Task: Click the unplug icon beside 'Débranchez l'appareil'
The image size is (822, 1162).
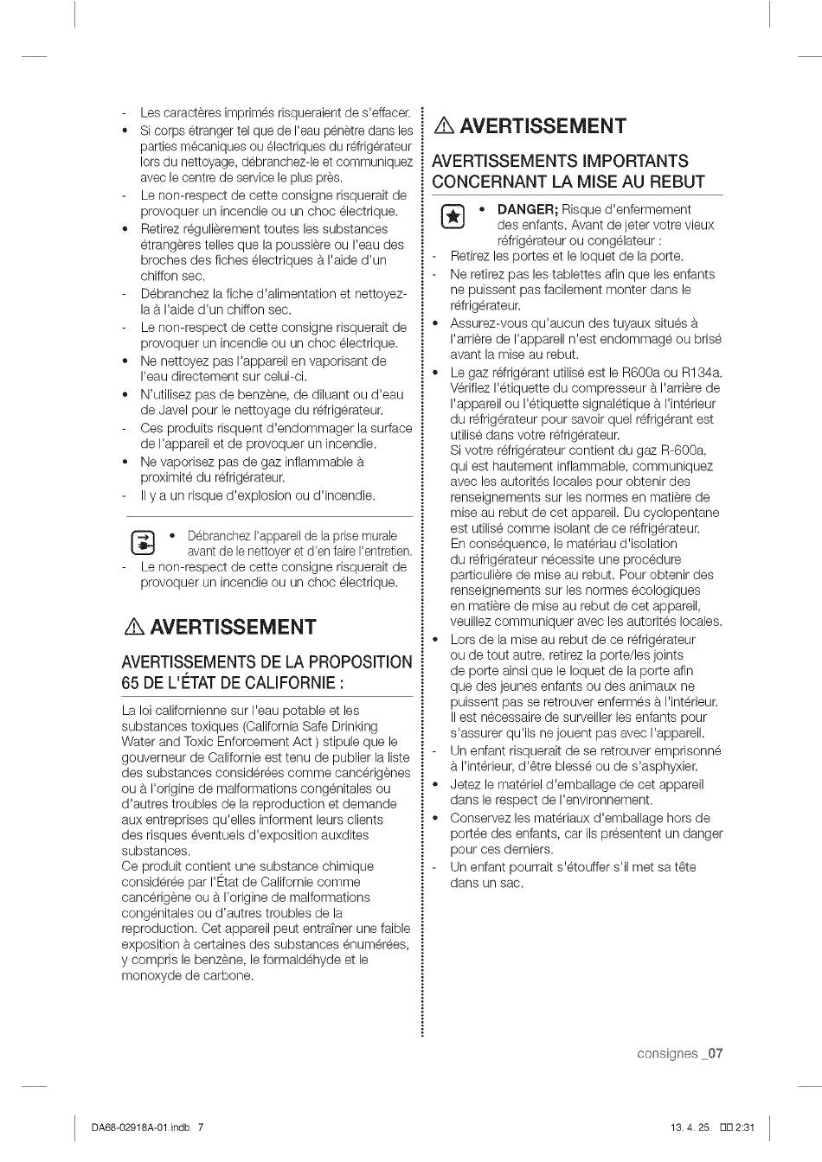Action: [x=142, y=543]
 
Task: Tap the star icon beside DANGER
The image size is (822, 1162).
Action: [x=450, y=217]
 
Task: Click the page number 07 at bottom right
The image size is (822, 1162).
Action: [x=714, y=1053]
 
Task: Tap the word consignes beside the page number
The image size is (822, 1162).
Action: [x=666, y=1053]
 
